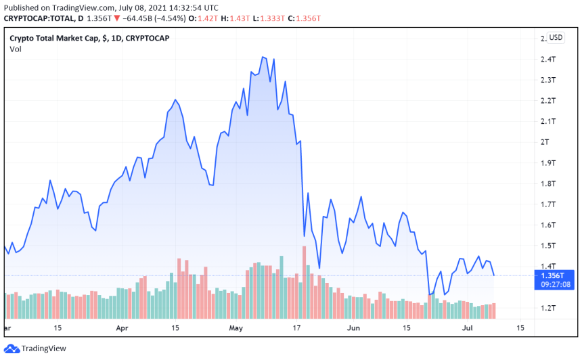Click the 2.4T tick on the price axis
point(548,60)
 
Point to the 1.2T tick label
point(548,308)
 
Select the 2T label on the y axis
point(544,142)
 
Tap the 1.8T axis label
point(548,183)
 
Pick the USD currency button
point(556,38)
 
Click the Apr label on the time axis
point(122,328)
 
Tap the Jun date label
point(353,328)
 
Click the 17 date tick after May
point(296,328)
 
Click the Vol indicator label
point(15,49)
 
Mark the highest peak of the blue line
point(262,57)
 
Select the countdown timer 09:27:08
point(555,285)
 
